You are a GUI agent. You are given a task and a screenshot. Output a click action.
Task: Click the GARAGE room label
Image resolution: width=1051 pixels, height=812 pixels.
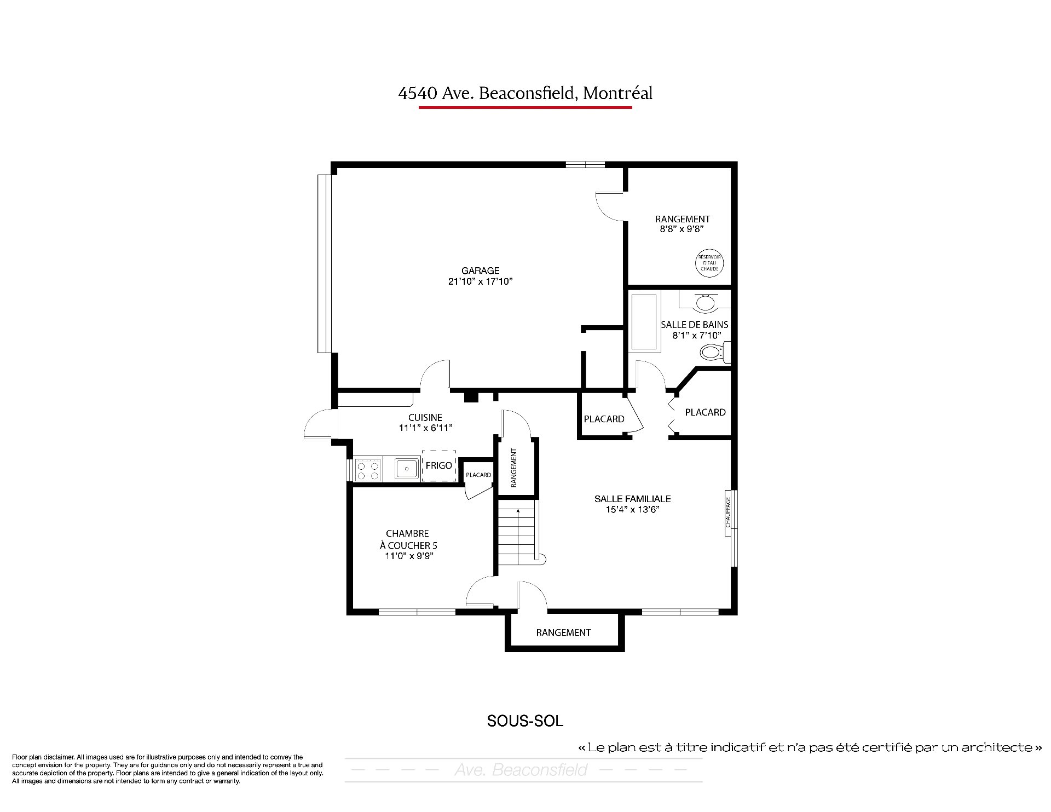[480, 270]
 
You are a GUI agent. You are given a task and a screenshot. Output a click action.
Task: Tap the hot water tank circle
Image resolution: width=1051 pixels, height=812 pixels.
[710, 263]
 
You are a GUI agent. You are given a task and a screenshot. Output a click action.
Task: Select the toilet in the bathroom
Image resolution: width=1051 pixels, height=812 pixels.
[715, 352]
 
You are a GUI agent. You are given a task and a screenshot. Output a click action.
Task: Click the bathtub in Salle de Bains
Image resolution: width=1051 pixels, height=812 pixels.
[645, 322]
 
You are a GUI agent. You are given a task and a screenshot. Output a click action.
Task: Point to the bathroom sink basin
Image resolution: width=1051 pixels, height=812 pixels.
[705, 302]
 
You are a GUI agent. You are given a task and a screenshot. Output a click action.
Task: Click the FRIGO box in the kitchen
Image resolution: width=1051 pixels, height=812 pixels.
[439, 465]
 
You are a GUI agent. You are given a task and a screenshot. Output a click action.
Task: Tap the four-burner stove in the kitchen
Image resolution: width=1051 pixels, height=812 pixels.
[368, 470]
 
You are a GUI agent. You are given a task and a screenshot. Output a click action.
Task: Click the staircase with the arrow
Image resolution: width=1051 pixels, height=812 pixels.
[518, 537]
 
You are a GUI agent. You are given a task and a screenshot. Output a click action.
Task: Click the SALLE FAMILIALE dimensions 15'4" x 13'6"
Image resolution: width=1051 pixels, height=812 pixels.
[632, 509]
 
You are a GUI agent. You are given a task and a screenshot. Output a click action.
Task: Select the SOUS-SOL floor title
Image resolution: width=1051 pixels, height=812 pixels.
[525, 721]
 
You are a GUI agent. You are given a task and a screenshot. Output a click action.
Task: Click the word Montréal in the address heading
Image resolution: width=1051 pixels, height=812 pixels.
[617, 93]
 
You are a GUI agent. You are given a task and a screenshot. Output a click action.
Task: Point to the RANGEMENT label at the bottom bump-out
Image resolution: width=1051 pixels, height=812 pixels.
[563, 632]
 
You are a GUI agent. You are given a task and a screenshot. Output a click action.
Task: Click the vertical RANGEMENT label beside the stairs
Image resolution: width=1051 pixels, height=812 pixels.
[513, 468]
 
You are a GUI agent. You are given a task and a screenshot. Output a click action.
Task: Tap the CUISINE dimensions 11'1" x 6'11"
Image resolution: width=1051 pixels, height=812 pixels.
[425, 428]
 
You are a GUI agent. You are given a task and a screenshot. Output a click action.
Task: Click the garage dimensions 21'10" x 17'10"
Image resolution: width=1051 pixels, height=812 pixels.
[480, 281]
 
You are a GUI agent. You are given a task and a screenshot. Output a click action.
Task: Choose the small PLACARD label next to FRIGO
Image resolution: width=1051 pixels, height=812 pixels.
[478, 475]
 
